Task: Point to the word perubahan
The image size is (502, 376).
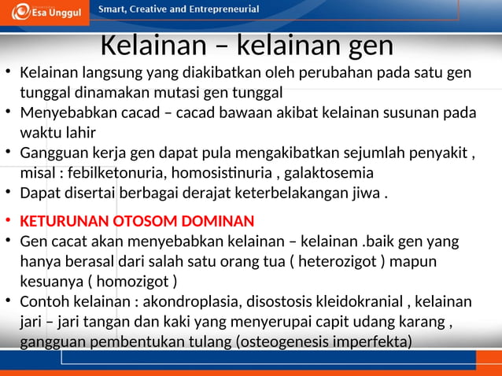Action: coord(334,73)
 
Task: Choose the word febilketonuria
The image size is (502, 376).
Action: coord(117,172)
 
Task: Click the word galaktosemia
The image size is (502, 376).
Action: coord(323,172)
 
